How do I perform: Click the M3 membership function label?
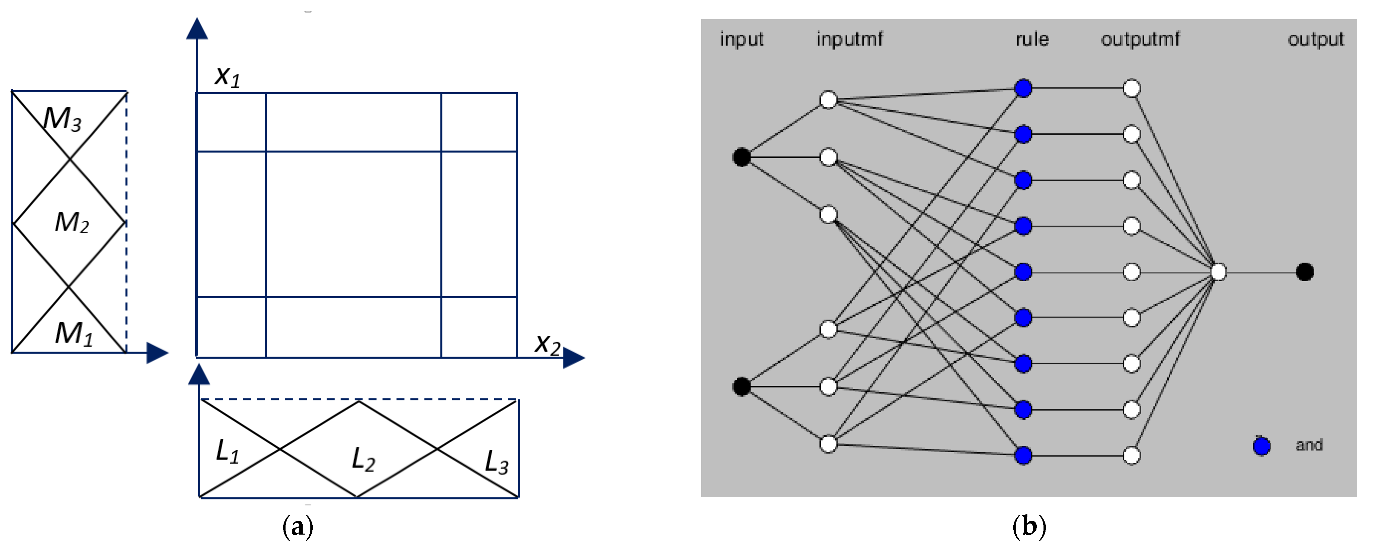pyautogui.click(x=62, y=118)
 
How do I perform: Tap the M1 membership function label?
pyautogui.click(x=73, y=334)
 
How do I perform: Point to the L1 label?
pyautogui.click(x=227, y=452)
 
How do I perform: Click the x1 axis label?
pyautogui.click(x=227, y=76)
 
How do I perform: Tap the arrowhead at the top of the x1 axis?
pyautogui.click(x=197, y=29)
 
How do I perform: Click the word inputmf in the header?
pyautogui.click(x=849, y=39)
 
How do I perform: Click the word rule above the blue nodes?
pyautogui.click(x=1031, y=39)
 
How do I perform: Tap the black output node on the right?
pyautogui.click(x=1305, y=272)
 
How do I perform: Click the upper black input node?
pyautogui.click(x=742, y=157)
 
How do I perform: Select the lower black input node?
pyautogui.click(x=742, y=386)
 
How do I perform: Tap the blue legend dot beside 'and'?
pyautogui.click(x=1262, y=445)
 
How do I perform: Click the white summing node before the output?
pyautogui.click(x=1218, y=272)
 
